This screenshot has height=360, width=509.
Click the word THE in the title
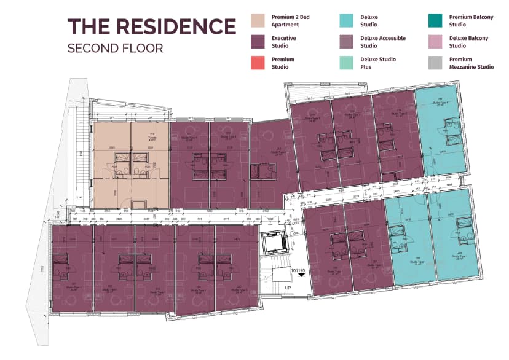pos(86,26)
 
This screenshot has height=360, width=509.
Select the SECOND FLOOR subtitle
pos(115,48)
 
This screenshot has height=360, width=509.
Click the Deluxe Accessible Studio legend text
pos(382,42)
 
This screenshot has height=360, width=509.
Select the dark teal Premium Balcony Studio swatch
pos(436,21)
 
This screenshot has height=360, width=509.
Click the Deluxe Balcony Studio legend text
pos(468,42)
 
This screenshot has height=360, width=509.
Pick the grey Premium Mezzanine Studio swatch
pos(436,63)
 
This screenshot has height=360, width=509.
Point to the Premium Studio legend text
pos(283,63)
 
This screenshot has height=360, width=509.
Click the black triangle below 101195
pos(301,276)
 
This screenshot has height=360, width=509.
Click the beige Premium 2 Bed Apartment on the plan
pos(130,165)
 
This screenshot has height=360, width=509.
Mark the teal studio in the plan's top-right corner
pos(442,132)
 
